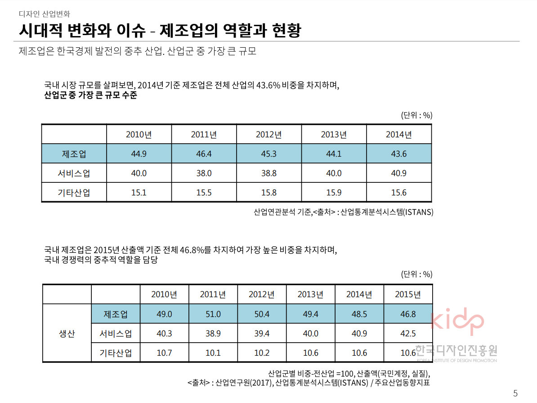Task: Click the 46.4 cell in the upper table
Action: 204,154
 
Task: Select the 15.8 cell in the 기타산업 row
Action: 269,193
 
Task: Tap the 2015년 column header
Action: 408,295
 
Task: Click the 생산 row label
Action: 67,334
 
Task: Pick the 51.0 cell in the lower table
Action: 213,314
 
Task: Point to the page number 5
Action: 515,393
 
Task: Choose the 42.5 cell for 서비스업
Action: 408,334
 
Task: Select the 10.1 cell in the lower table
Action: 213,353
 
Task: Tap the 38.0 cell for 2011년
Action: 204,173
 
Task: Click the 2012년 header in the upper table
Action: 269,135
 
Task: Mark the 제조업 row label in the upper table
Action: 74,154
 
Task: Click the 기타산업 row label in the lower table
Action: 116,353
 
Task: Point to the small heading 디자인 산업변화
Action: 45,14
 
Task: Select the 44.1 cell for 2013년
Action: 334,154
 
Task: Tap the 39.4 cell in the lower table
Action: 262,334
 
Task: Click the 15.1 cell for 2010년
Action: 139,193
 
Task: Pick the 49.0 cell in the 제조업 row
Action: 164,314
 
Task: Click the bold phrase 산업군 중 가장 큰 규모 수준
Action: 90,95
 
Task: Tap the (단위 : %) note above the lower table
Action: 416,274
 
